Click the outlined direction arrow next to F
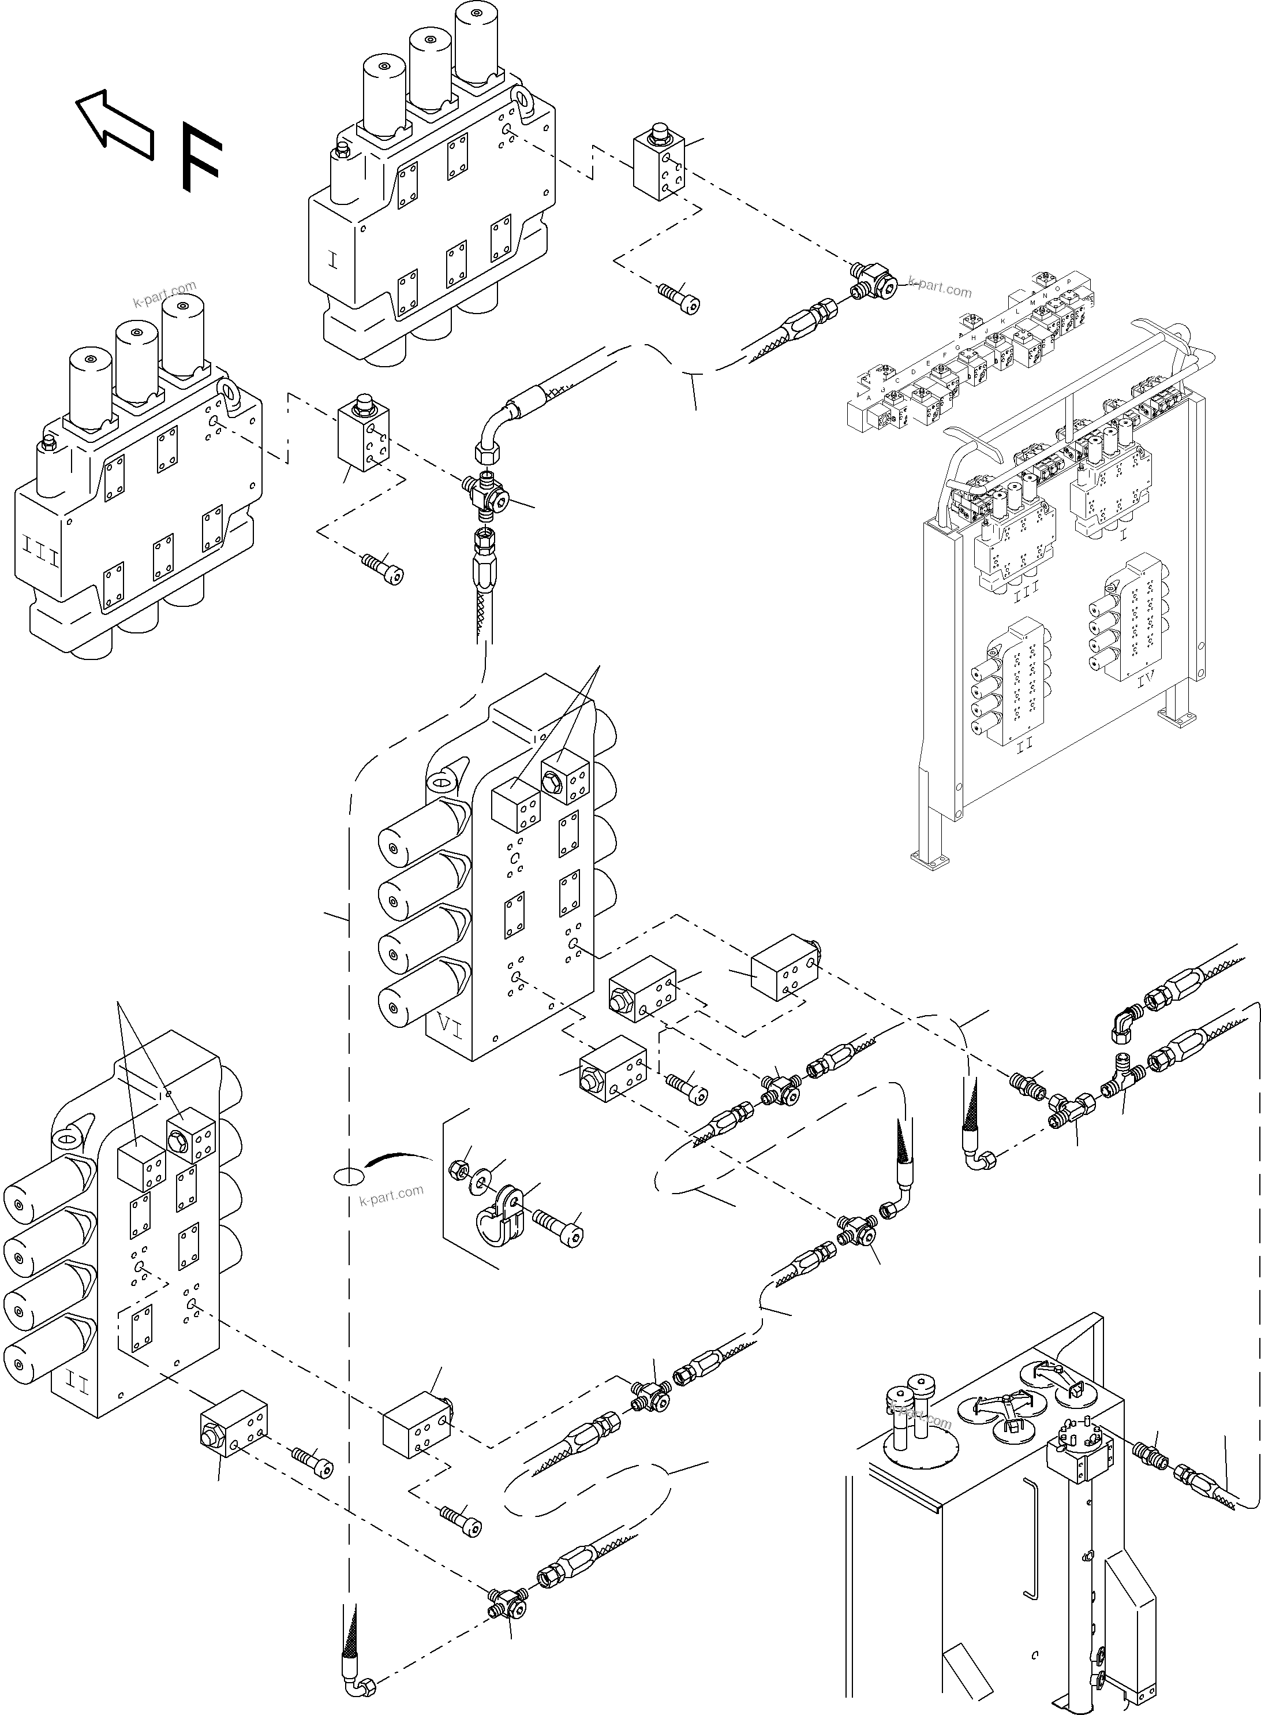pyautogui.click(x=113, y=125)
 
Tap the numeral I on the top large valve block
pyautogui.click(x=331, y=260)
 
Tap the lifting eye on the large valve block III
pyautogui.click(x=228, y=390)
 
